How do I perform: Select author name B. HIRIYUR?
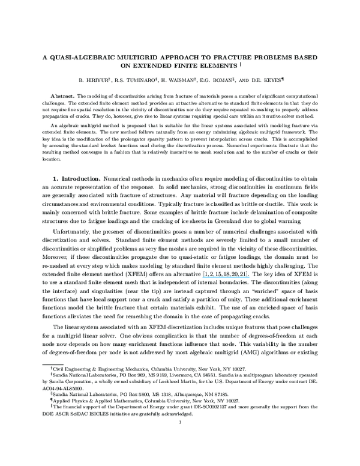tap(94, 79)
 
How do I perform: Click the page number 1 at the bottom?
tap(180, 422)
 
